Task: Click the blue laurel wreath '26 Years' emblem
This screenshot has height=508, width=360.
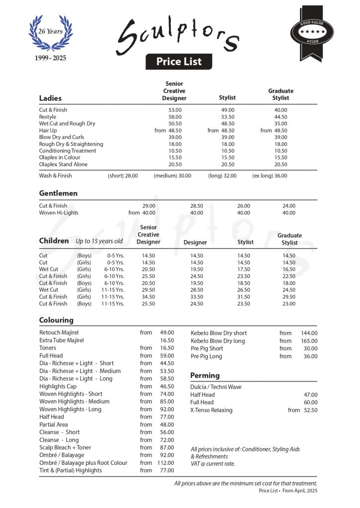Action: tap(50, 33)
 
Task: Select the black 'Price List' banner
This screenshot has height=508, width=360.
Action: tap(179, 62)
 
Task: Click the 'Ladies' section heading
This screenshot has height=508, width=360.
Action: tap(50, 98)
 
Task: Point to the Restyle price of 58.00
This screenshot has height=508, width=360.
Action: tap(175, 117)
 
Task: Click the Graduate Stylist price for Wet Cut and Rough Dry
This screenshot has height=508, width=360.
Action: tap(281, 124)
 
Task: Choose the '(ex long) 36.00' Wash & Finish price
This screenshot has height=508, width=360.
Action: tap(270, 176)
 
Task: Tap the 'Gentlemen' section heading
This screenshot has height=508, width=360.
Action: tap(58, 193)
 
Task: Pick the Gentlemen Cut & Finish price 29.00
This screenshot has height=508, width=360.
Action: tap(148, 206)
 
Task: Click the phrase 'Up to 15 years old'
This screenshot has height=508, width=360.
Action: tap(99, 242)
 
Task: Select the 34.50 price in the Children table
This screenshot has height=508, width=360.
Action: tap(148, 297)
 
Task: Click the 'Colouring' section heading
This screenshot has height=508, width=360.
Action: tap(56, 320)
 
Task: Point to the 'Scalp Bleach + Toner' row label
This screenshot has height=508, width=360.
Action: tap(65, 447)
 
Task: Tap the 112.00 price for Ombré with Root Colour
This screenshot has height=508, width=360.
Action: tap(166, 463)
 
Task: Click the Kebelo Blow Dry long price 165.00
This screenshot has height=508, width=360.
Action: tap(309, 341)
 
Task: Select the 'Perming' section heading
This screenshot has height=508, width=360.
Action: tap(205, 376)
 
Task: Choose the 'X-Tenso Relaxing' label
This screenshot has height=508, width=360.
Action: tap(211, 410)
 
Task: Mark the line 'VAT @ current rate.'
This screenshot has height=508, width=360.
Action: tap(213, 464)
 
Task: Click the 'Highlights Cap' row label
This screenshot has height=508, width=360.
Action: tap(58, 386)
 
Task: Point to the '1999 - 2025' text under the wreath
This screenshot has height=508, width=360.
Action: tap(50, 58)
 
